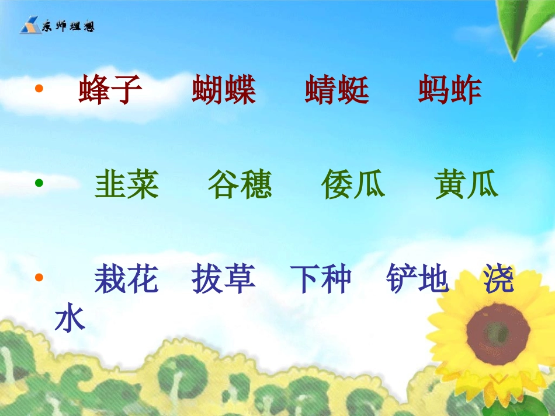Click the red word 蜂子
(110, 90)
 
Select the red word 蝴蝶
(224, 90)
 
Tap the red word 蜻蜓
(337, 90)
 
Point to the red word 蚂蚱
(450, 90)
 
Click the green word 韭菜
(127, 185)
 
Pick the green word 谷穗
(240, 185)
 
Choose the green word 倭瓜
(353, 185)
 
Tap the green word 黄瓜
(466, 185)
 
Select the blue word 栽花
(127, 279)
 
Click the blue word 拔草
(224, 279)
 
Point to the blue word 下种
(321, 279)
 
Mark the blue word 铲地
(417, 279)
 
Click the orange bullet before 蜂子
(40, 89)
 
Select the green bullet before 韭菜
(40, 183)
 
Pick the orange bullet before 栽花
(40, 277)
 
